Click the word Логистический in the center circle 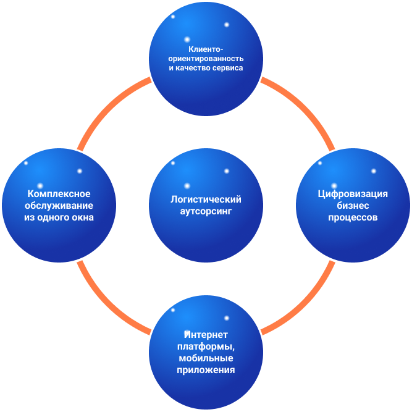coord(206,200)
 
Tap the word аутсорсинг coord(206,211)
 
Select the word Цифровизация coord(353,194)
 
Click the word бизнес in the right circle coord(353,206)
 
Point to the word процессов coord(353,217)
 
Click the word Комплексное coord(59,194)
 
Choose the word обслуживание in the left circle coord(59,206)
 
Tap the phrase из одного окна coord(59,217)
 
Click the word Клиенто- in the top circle coord(206,49)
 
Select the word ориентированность coord(206,59)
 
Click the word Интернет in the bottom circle coord(206,335)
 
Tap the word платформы coord(206,347)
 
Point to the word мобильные coord(206,358)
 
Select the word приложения coord(206,370)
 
